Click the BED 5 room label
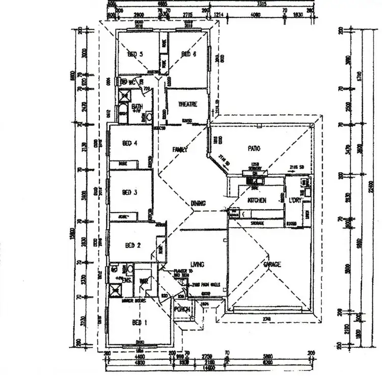[134, 54]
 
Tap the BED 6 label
[188, 54]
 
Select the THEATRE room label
[187, 104]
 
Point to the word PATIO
[254, 148]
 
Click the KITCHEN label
[257, 200]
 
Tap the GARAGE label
[272, 264]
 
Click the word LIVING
[197, 264]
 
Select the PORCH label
[182, 309]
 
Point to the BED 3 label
[130, 192]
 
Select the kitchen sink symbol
[253, 180]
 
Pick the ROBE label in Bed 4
[123, 164]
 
